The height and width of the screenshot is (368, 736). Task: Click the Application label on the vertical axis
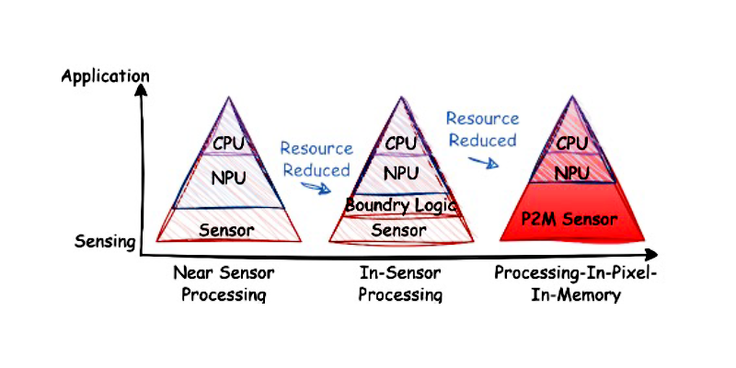point(104,75)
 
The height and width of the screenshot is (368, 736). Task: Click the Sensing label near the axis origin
point(105,243)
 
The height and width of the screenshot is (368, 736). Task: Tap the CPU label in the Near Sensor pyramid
point(229,144)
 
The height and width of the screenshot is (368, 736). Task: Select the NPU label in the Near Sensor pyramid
point(229,177)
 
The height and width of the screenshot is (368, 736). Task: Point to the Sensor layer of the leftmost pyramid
point(228,227)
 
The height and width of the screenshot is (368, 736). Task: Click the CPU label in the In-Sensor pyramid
point(401,143)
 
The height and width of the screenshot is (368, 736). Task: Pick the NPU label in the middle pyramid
point(401,172)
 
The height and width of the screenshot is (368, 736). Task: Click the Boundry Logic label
point(401,205)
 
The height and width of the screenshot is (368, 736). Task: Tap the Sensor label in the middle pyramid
point(399,230)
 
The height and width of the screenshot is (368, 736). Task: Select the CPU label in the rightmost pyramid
point(572,144)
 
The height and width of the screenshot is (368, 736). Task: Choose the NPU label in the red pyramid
point(572,171)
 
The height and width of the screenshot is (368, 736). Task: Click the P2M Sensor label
point(573,219)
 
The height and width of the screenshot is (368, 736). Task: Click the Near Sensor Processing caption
point(224,283)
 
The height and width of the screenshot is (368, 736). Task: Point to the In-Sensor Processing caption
point(400,283)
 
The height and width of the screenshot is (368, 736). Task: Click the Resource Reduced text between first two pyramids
point(316,159)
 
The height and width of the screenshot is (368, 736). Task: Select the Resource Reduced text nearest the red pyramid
point(482,130)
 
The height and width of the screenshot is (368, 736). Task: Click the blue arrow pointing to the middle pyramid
point(319,187)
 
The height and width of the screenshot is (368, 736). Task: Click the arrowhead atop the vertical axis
point(141,90)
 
